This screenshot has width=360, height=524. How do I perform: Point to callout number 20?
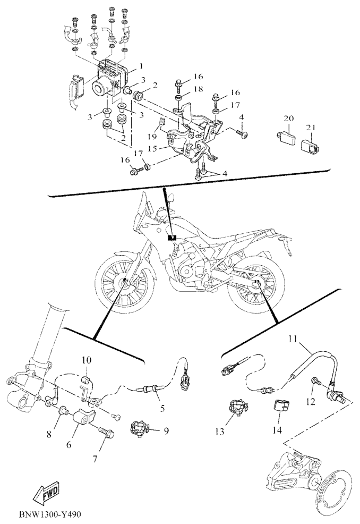coord(289,118)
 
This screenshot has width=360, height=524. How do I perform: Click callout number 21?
coord(311,127)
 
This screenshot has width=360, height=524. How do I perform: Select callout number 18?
coord(198,89)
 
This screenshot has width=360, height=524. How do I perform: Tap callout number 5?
coord(162,408)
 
